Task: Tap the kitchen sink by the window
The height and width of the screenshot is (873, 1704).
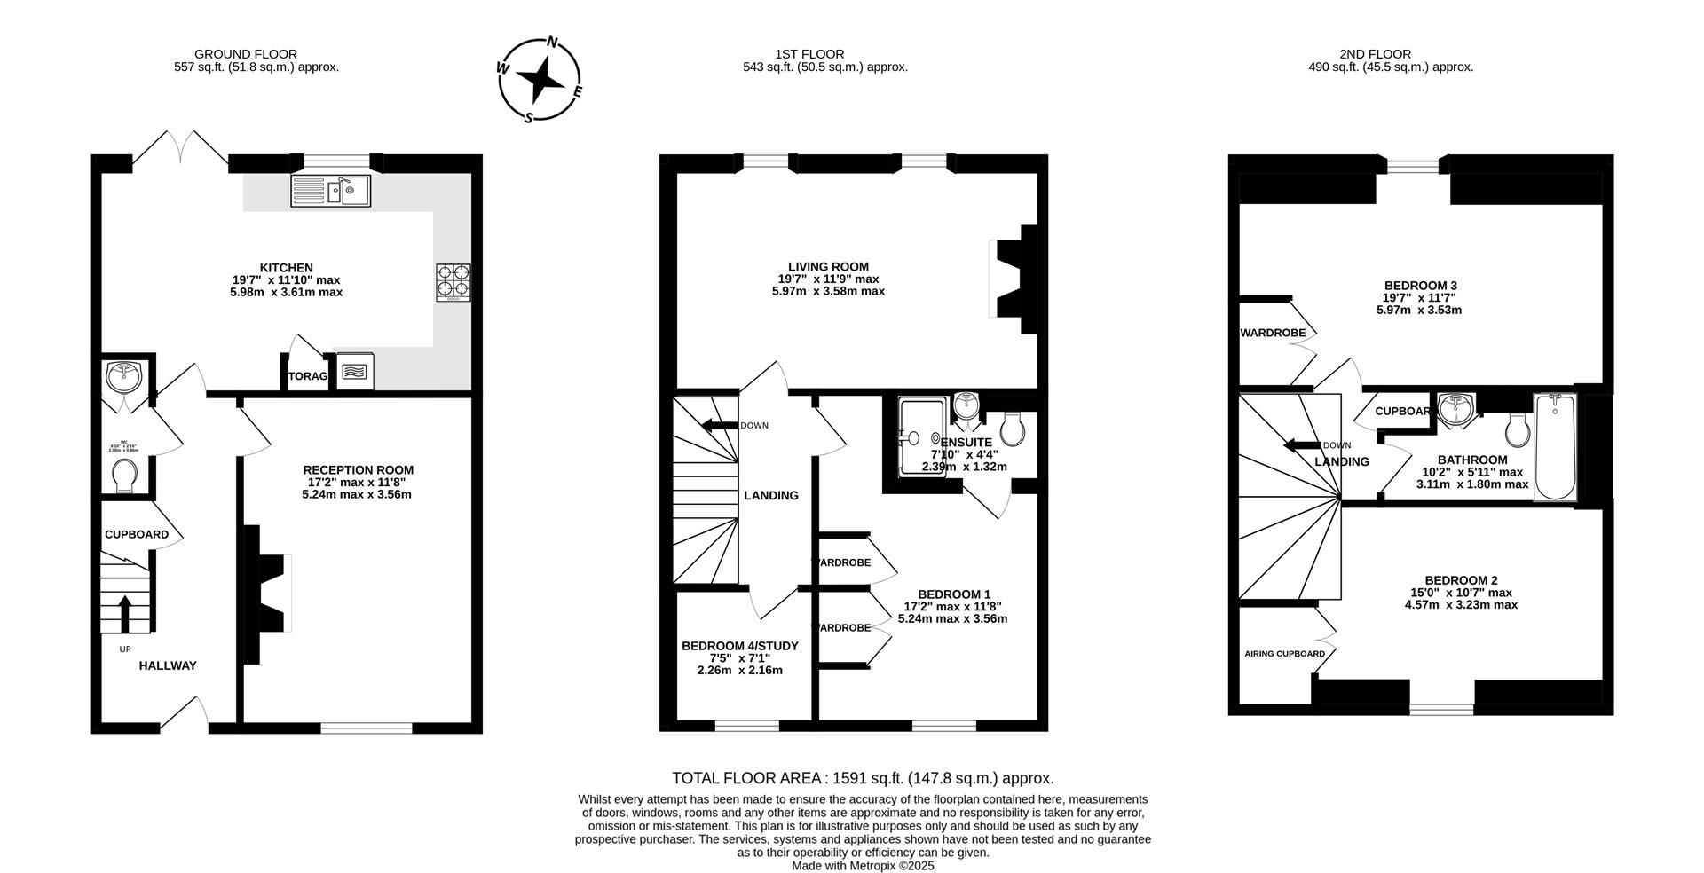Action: [x=331, y=191]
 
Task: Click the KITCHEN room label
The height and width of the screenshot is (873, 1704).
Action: [x=286, y=268]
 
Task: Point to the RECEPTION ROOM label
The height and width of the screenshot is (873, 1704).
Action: [x=358, y=470]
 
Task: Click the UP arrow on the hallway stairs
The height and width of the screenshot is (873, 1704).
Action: [x=124, y=613]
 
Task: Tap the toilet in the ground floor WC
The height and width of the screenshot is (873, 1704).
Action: [x=126, y=476]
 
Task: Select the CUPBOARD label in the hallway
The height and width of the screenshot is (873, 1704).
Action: [x=136, y=535]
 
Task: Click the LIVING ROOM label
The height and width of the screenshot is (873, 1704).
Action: [x=828, y=266]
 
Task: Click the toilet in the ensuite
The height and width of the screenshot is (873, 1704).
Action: [x=1012, y=429]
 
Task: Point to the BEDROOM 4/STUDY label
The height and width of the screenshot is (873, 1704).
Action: [x=739, y=646]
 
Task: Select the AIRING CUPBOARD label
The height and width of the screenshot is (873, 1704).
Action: [x=1283, y=654]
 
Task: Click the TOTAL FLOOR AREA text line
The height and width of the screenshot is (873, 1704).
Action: [x=863, y=778]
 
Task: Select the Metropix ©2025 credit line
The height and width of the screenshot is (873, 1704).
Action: [x=863, y=865]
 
